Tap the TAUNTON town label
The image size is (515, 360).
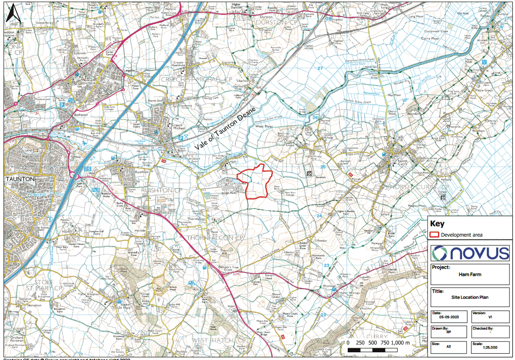(19, 179)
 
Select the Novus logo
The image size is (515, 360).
(471, 253)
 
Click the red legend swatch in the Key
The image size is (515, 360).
(434, 234)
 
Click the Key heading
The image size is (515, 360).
(437, 224)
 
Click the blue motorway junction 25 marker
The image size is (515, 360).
(87, 169)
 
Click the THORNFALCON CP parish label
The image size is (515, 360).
(217, 238)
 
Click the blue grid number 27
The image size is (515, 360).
(321, 68)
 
